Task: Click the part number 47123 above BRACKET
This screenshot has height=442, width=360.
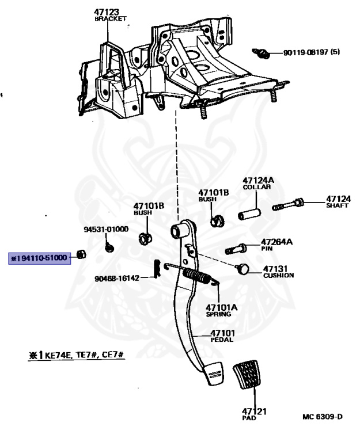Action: pos(107,12)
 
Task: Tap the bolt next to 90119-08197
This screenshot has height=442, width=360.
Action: pos(261,53)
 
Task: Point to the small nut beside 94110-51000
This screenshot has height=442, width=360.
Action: pos(82,254)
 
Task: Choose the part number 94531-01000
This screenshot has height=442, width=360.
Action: pos(106,229)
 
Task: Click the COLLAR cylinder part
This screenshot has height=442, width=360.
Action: pos(249,214)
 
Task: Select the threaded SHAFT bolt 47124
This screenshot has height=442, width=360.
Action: pos(288,204)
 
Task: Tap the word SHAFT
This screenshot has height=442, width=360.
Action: pos(337,205)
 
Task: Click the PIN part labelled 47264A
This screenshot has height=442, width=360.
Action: pos(236,249)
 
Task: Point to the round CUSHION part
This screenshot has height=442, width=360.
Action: pos(242,269)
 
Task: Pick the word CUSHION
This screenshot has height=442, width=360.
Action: pos(278,276)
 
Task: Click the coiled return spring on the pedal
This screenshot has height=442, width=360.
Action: pos(196,276)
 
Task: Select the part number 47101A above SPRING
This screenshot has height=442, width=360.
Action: pos(222,307)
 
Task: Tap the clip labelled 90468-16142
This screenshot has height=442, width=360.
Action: pos(157,268)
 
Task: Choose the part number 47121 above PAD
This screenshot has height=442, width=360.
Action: pos(254,411)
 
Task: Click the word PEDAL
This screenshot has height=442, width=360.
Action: pos(222,340)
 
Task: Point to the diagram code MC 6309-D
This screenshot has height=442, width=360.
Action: pos(323,417)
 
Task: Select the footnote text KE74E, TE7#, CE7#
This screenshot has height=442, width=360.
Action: pos(84,355)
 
